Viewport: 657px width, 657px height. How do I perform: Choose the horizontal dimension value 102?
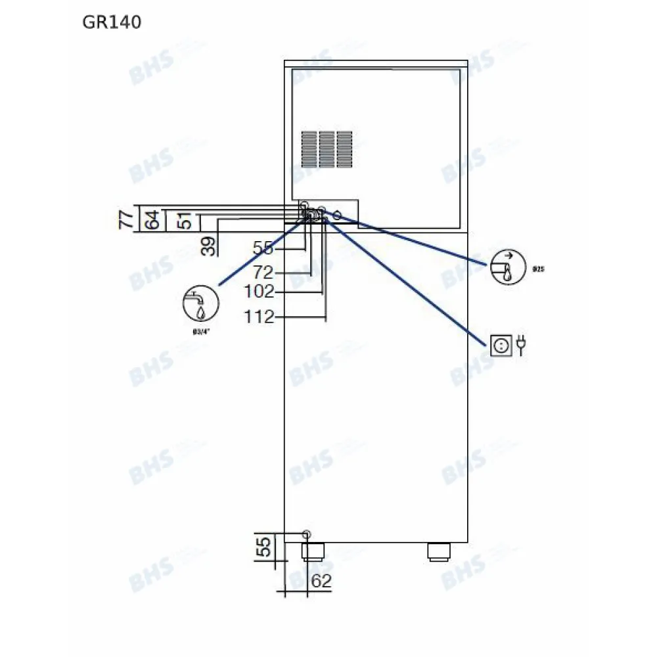coord(259,292)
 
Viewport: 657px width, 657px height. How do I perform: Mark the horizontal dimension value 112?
coord(259,317)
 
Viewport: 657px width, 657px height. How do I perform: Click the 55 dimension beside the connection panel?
coord(263,249)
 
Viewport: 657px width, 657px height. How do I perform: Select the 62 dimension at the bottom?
coord(321,581)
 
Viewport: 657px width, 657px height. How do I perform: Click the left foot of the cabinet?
coord(313,551)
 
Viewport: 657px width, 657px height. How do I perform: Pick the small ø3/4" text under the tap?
coord(195,332)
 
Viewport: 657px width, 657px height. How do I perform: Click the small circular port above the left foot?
coord(306,533)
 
